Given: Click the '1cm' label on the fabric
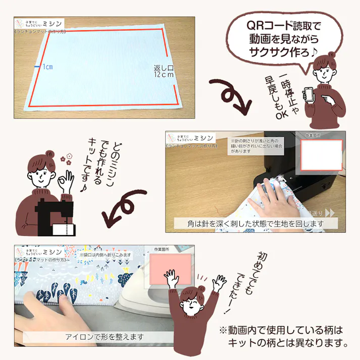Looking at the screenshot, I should pyautogui.click(x=47, y=67).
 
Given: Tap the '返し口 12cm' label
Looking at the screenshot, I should pyautogui.click(x=164, y=71).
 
